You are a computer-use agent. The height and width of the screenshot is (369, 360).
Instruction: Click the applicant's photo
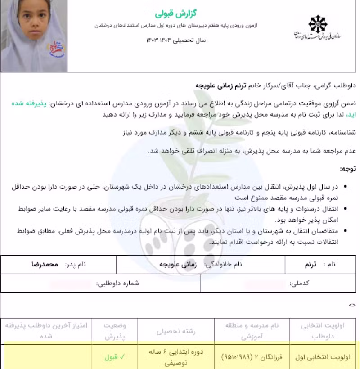click(34, 36)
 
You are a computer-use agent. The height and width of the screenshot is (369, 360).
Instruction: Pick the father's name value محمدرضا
click(45, 265)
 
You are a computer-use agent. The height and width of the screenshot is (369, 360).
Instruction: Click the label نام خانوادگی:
click(223, 265)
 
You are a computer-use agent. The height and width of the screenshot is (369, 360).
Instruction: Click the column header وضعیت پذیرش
click(115, 331)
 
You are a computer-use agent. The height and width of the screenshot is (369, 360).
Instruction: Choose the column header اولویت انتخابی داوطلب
click(324, 331)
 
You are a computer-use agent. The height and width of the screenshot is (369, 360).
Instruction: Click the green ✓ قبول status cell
click(115, 357)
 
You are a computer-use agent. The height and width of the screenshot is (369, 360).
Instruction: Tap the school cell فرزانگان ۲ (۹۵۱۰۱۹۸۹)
click(252, 357)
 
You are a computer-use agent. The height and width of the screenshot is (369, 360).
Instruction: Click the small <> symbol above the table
click(352, 305)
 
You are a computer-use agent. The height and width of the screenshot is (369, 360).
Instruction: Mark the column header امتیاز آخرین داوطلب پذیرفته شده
click(47, 331)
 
